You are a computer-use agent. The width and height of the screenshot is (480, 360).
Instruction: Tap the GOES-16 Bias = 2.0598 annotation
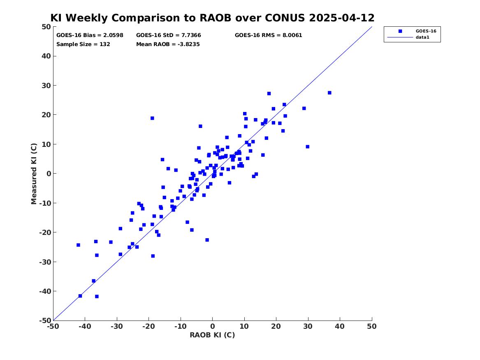click(x=90, y=35)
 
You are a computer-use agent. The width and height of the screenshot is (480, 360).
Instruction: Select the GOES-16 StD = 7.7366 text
click(x=169, y=35)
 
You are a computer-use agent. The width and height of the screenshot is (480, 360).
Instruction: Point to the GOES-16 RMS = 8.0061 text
click(x=269, y=35)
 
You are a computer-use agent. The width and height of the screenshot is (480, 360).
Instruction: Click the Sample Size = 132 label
click(x=83, y=44)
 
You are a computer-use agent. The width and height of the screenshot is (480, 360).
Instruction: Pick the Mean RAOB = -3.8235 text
click(x=168, y=44)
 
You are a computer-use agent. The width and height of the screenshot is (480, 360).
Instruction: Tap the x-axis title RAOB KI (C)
click(x=213, y=335)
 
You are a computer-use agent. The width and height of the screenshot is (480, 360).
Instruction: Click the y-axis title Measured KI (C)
click(x=34, y=174)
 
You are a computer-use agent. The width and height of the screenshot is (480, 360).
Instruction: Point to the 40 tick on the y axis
click(x=46, y=56)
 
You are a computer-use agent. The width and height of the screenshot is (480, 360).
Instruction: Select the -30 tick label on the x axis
click(x=117, y=326)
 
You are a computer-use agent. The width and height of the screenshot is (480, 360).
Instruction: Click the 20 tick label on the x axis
click(x=276, y=326)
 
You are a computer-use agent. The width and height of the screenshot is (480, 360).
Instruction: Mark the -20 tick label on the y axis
click(x=45, y=232)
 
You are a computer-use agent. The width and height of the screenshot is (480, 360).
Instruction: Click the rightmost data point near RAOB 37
click(x=330, y=93)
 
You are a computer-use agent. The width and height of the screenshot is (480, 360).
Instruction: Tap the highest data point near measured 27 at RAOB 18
click(x=269, y=94)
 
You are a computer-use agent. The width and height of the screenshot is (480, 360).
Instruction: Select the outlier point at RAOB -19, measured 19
click(x=152, y=118)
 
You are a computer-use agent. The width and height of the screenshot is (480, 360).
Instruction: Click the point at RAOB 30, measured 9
click(x=308, y=147)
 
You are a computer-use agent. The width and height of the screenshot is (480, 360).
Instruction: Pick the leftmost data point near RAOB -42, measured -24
click(x=79, y=245)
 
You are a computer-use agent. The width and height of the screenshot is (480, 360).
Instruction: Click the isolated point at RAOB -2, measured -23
click(x=207, y=240)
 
